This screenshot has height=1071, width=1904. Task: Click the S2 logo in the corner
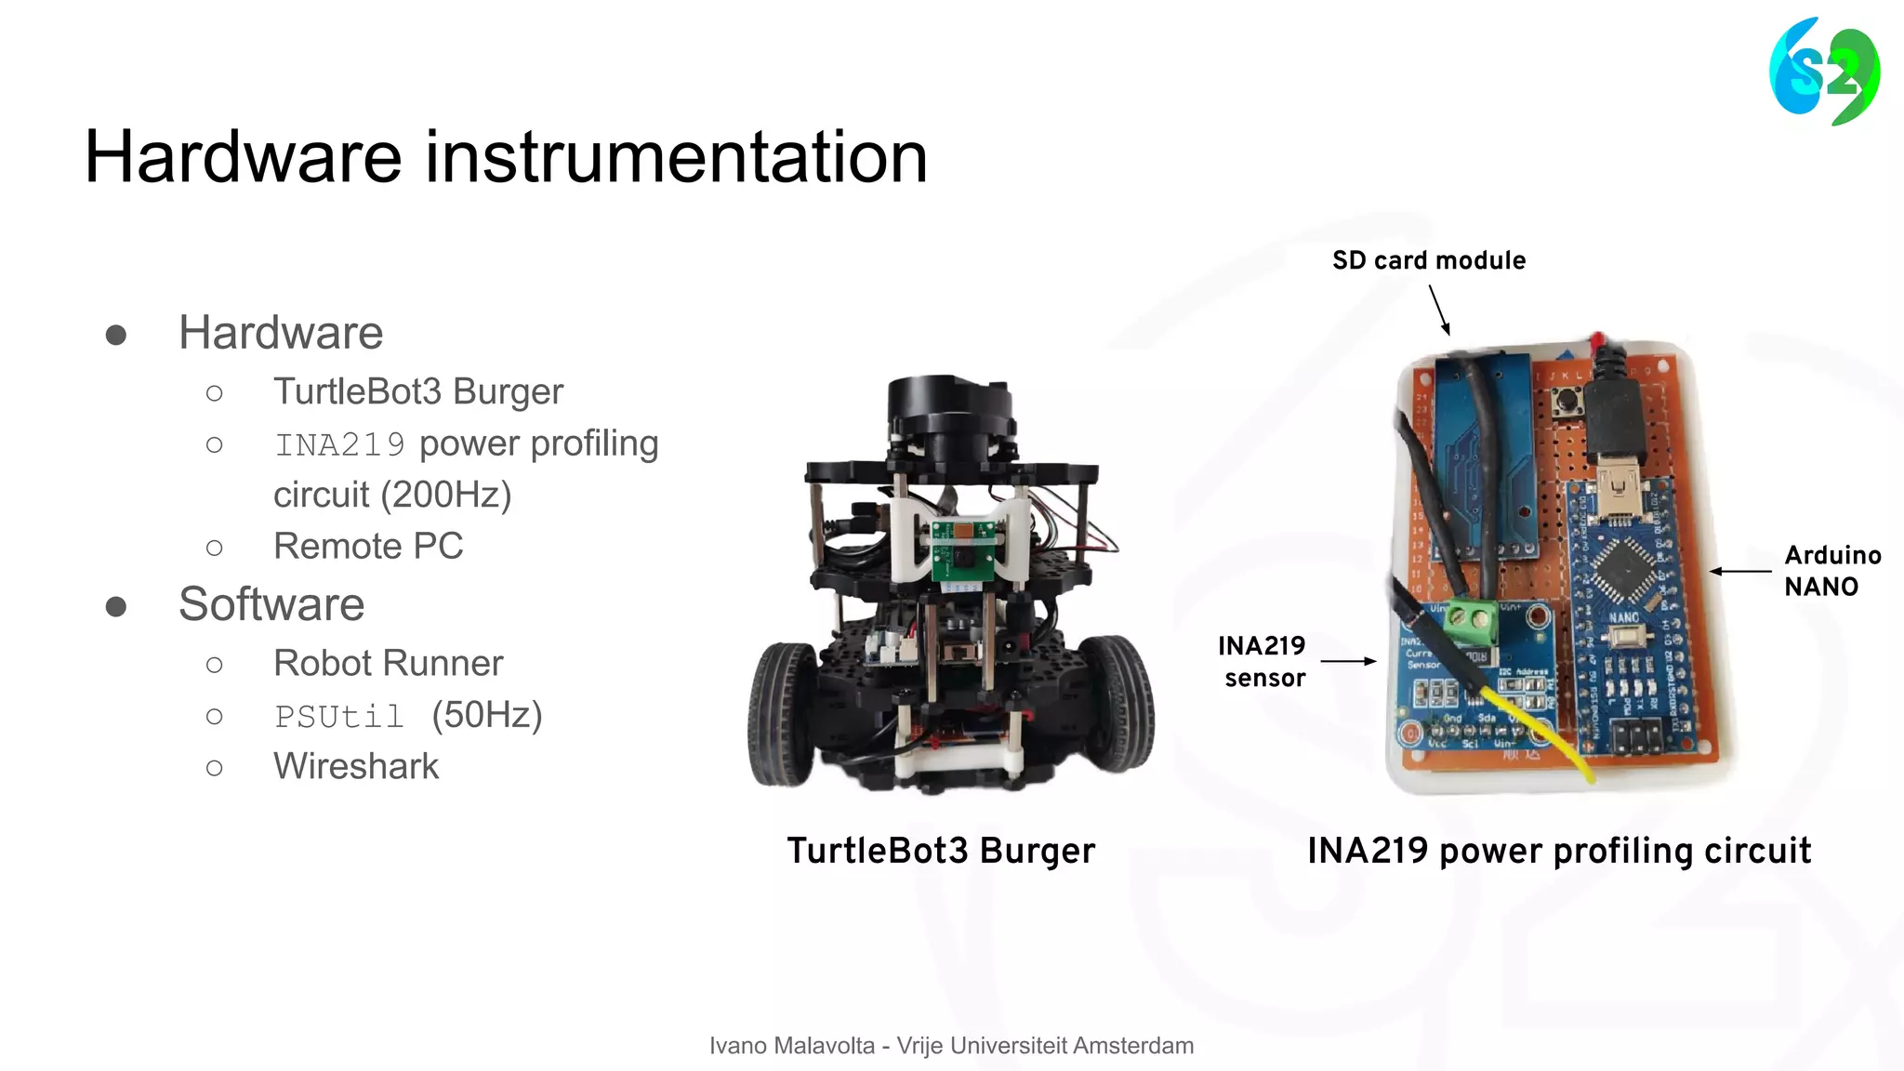1824,72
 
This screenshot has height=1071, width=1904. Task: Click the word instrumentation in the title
677,157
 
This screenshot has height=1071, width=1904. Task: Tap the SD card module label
1428,260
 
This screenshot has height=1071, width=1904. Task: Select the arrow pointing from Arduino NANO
1739,571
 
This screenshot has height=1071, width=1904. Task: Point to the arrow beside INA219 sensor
1347,661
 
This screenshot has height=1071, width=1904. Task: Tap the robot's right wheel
1117,702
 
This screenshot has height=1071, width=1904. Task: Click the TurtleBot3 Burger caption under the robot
941,851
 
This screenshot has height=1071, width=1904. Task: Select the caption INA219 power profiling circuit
1559,851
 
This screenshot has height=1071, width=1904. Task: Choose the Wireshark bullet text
356,767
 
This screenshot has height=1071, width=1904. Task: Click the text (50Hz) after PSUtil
486,716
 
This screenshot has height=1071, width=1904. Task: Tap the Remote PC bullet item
368,547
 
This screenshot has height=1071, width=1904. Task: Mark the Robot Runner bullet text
388,664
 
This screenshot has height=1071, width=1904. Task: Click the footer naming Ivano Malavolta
951,1046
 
